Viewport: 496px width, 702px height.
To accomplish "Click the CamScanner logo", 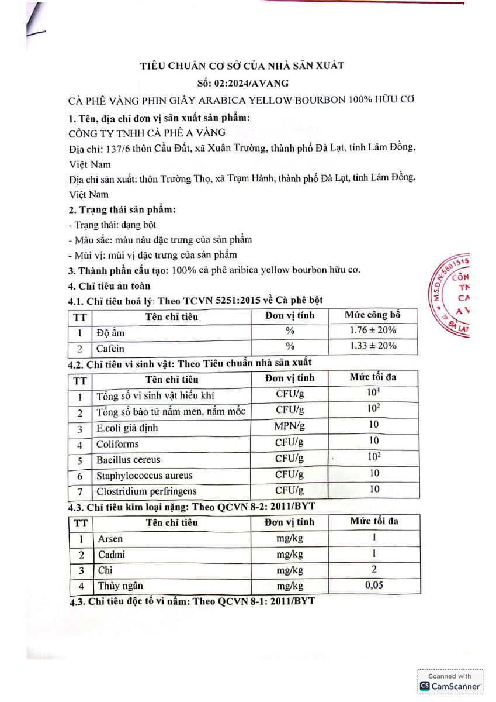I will pos(450,685).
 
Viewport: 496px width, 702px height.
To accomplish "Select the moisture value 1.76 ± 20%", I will pos(373,331).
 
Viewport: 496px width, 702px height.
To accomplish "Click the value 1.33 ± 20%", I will pos(373,346).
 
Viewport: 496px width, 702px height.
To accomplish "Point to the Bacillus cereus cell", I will pos(129,460).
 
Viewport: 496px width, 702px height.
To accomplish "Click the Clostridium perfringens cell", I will pos(147,491).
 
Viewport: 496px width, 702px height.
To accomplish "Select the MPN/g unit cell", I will pos(289,426).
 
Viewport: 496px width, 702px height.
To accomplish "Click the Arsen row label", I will pos(110,539).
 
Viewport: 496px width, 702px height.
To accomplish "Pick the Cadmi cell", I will pos(111,555).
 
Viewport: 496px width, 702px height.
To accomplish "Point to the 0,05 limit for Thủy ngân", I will pos(373,584).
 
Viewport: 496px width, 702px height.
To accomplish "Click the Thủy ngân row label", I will pos(120,586).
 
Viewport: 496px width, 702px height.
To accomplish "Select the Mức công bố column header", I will pos(373,315).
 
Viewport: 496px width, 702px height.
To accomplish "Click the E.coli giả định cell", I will pos(127,428).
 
